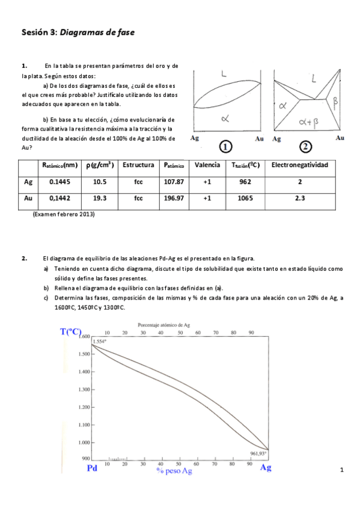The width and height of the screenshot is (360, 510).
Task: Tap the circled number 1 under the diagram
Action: coord(225,147)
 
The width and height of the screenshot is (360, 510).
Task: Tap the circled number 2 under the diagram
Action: coord(307,147)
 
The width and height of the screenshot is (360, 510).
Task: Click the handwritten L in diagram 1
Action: coord(223,75)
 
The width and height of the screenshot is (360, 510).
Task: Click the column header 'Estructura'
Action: coord(138,165)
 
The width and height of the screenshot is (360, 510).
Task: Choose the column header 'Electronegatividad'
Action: coord(300,165)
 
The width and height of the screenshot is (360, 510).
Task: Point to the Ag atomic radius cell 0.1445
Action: coord(60,181)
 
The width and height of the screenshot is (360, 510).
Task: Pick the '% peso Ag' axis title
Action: coord(174,471)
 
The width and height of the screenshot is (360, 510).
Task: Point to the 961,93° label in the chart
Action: coord(258,453)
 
